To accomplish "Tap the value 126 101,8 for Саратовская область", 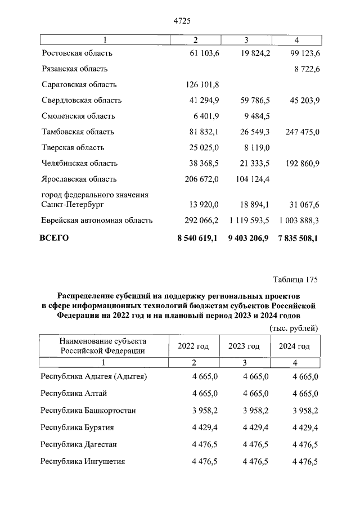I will pos(202,85).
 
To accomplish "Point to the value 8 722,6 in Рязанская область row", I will pos(304,69).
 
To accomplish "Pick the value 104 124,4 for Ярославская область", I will pos(250,179).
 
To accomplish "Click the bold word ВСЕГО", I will pos(55,238).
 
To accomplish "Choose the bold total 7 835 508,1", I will pos(298,238).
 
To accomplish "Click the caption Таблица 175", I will pos(296,280).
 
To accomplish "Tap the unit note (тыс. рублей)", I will pos(294,328).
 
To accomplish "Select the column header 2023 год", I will pos(244,346).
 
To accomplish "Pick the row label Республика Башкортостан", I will pos(88,411).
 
